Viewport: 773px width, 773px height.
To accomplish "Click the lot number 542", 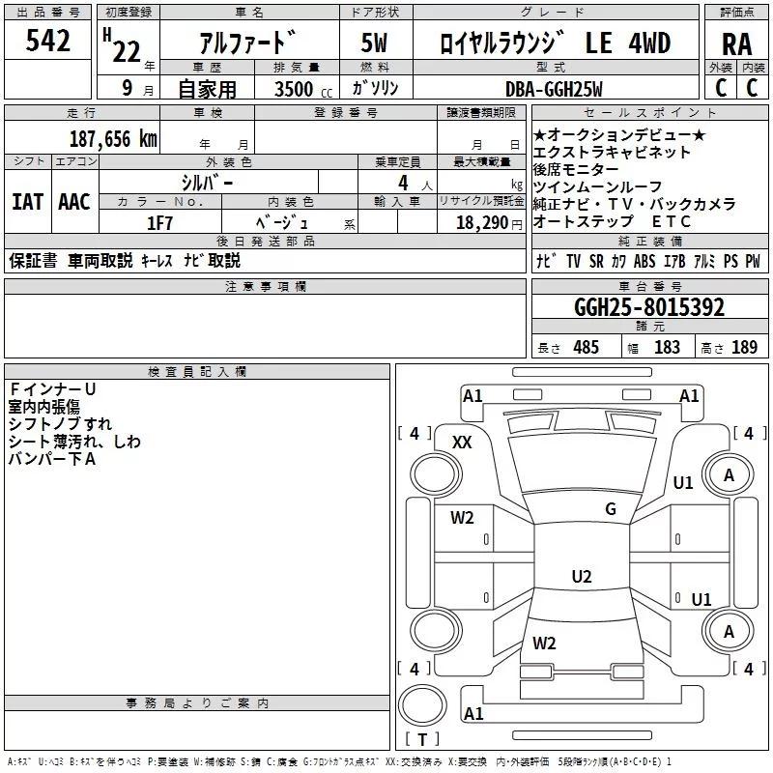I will [48, 42].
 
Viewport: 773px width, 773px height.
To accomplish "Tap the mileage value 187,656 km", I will [112, 138].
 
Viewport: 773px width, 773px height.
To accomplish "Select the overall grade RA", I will [736, 44].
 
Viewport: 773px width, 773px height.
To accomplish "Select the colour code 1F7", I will [159, 222].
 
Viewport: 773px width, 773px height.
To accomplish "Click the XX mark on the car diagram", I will [462, 442].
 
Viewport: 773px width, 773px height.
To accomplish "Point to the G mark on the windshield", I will [611, 509].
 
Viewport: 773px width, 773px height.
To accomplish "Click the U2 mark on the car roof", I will [582, 577].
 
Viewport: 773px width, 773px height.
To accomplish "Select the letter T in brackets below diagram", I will [421, 740].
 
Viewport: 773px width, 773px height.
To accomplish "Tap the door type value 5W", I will [375, 44].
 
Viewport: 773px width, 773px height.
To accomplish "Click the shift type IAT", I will [27, 201].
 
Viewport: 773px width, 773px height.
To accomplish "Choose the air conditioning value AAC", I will [73, 201].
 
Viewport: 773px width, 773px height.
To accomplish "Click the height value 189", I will [744, 348].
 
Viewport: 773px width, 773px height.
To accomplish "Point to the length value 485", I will [586, 348].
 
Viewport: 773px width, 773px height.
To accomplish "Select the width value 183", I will [667, 348].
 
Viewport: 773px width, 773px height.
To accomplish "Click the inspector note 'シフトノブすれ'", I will [60, 424].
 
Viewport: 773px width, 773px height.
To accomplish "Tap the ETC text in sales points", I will [672, 222].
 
